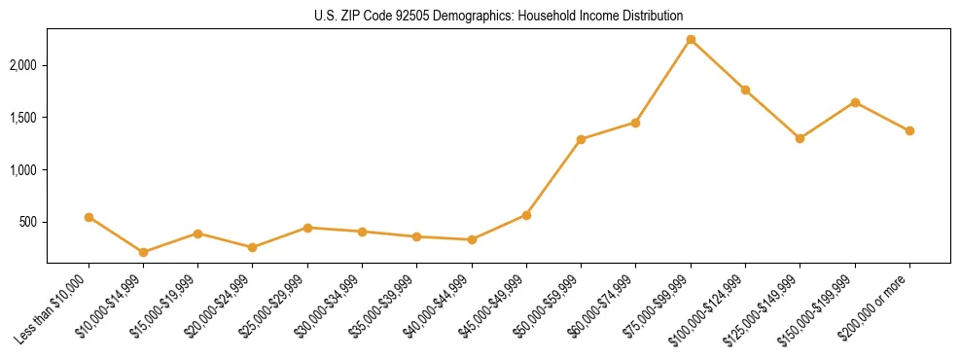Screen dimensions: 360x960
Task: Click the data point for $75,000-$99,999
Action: coord(691,40)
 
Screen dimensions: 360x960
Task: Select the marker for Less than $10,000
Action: coord(89,217)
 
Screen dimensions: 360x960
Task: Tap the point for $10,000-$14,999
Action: coord(143,252)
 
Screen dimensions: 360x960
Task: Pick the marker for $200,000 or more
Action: coord(909,130)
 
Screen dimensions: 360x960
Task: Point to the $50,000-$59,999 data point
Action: coord(581,139)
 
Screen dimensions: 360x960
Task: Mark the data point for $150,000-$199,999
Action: coord(855,102)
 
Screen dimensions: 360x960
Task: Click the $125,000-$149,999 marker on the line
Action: coord(800,138)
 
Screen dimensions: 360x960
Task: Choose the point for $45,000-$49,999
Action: coord(526,215)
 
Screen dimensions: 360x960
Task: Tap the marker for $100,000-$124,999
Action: coord(745,90)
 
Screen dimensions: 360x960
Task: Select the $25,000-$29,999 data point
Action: coord(307,228)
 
